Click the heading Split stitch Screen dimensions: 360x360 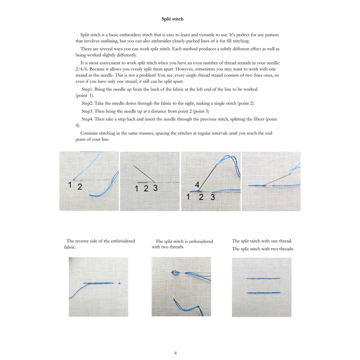(x=172, y=19)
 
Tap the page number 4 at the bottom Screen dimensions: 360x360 (x=175, y=353)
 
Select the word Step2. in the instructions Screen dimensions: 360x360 (x=88, y=103)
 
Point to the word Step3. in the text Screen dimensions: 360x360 (x=87, y=111)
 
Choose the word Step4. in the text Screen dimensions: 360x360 (x=87, y=119)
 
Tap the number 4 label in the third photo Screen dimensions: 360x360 (x=197, y=185)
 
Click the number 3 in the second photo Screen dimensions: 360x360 (x=155, y=188)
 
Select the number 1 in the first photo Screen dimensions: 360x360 (x=71, y=185)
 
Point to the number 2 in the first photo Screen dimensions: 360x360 (x=80, y=187)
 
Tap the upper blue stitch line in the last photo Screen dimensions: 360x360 (x=264, y=278)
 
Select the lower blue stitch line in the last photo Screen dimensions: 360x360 (x=264, y=293)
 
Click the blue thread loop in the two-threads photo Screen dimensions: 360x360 (x=175, y=273)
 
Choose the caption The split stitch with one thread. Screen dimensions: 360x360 (x=262, y=241)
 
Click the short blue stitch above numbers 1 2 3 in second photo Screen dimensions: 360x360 (x=141, y=182)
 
